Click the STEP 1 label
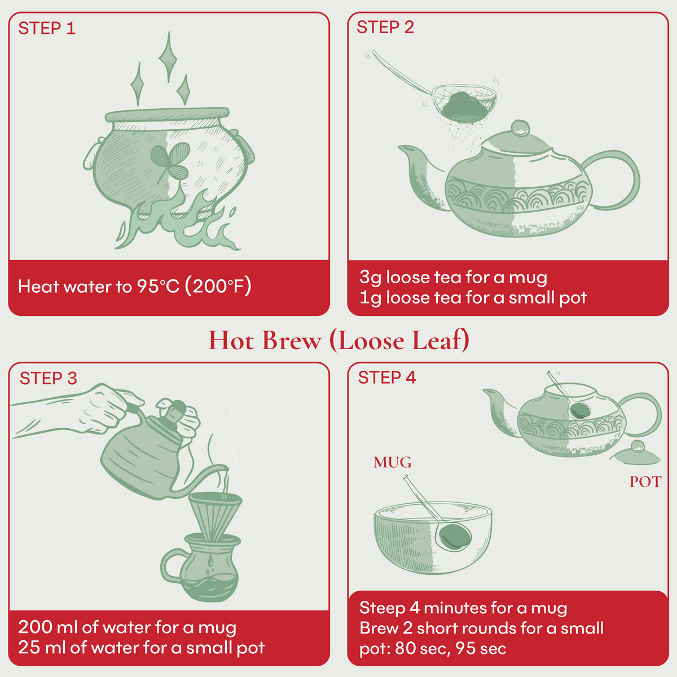pyautogui.click(x=47, y=28)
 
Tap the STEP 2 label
pyautogui.click(x=385, y=27)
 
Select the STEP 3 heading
pyautogui.click(x=48, y=378)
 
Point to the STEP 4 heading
pyautogui.click(x=387, y=377)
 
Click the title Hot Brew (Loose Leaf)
pyautogui.click(x=338, y=340)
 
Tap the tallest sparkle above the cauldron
pyautogui.click(x=167, y=56)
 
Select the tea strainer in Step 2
pyautogui.click(x=464, y=102)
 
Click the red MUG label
pyautogui.click(x=392, y=463)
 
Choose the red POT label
pyautogui.click(x=645, y=482)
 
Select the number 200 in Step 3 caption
pyautogui.click(x=36, y=627)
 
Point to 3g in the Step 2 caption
pyautogui.click(x=371, y=278)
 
